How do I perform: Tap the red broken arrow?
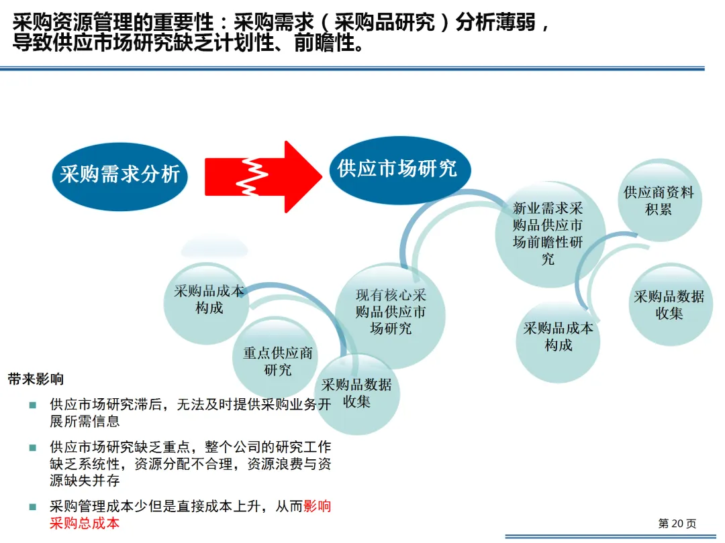point(262,176)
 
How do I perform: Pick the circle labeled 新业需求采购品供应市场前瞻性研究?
point(548,233)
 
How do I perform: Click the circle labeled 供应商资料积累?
point(659,200)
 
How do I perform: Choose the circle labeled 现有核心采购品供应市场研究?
point(391,312)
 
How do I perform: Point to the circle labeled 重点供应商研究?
point(277,361)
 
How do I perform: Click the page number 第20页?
point(677,523)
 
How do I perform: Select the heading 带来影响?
point(36,379)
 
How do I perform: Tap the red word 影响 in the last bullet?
point(318,507)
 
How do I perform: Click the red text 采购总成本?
point(85,524)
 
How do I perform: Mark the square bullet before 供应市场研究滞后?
point(32,405)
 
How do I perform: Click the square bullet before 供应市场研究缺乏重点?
point(32,447)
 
